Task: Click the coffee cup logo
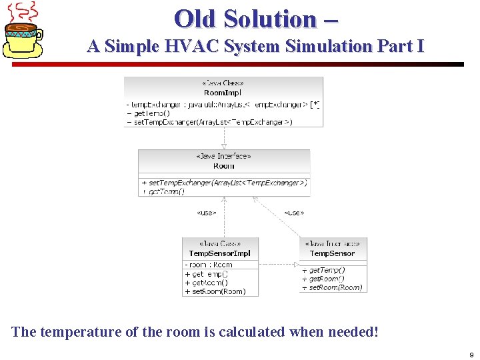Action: [24, 30]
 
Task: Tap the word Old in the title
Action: [196, 19]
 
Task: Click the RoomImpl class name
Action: [223, 93]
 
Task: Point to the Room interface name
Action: [224, 166]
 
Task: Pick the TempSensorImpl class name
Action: [219, 253]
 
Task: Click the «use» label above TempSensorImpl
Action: [206, 213]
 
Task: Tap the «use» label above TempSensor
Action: [293, 213]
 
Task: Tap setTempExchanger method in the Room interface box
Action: [224, 183]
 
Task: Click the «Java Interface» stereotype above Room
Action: [224, 157]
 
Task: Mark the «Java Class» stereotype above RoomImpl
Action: [223, 83]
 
